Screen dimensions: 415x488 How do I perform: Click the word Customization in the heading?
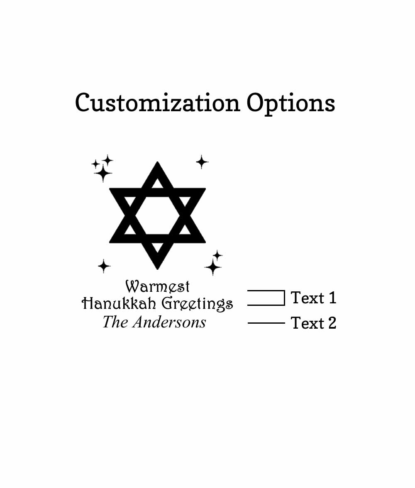click(157, 102)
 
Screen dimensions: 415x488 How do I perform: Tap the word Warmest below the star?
click(157, 287)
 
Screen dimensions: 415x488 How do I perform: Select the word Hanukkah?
click(119, 303)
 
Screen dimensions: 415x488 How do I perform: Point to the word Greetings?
click(197, 304)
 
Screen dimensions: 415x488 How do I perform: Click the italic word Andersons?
click(169, 322)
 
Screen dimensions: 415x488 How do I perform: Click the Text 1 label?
click(313, 298)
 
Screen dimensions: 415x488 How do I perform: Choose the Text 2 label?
click(313, 323)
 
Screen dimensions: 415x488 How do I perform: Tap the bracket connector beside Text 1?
click(284, 298)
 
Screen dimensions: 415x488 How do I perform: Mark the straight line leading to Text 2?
click(266, 323)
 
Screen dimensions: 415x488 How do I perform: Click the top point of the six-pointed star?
click(157, 162)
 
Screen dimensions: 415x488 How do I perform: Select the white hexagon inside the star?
click(157, 215)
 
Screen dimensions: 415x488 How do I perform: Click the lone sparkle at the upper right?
click(202, 162)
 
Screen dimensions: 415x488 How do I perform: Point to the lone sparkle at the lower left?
click(104, 266)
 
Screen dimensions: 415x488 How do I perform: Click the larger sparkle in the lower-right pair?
click(212, 267)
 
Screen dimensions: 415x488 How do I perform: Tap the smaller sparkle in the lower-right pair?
click(217, 256)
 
